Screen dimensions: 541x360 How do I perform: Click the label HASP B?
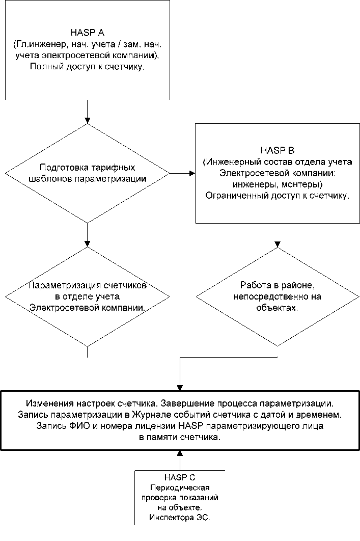(x=277, y=150)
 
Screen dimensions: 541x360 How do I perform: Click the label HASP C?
(x=180, y=477)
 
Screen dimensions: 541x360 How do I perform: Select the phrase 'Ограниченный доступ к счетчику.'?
(x=277, y=196)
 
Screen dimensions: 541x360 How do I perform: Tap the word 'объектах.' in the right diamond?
(x=278, y=308)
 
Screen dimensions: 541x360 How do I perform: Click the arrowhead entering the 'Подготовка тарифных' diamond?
(x=88, y=120)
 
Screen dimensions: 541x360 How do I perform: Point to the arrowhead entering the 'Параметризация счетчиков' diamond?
(x=88, y=243)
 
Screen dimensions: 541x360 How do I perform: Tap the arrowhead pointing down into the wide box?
(x=180, y=387)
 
